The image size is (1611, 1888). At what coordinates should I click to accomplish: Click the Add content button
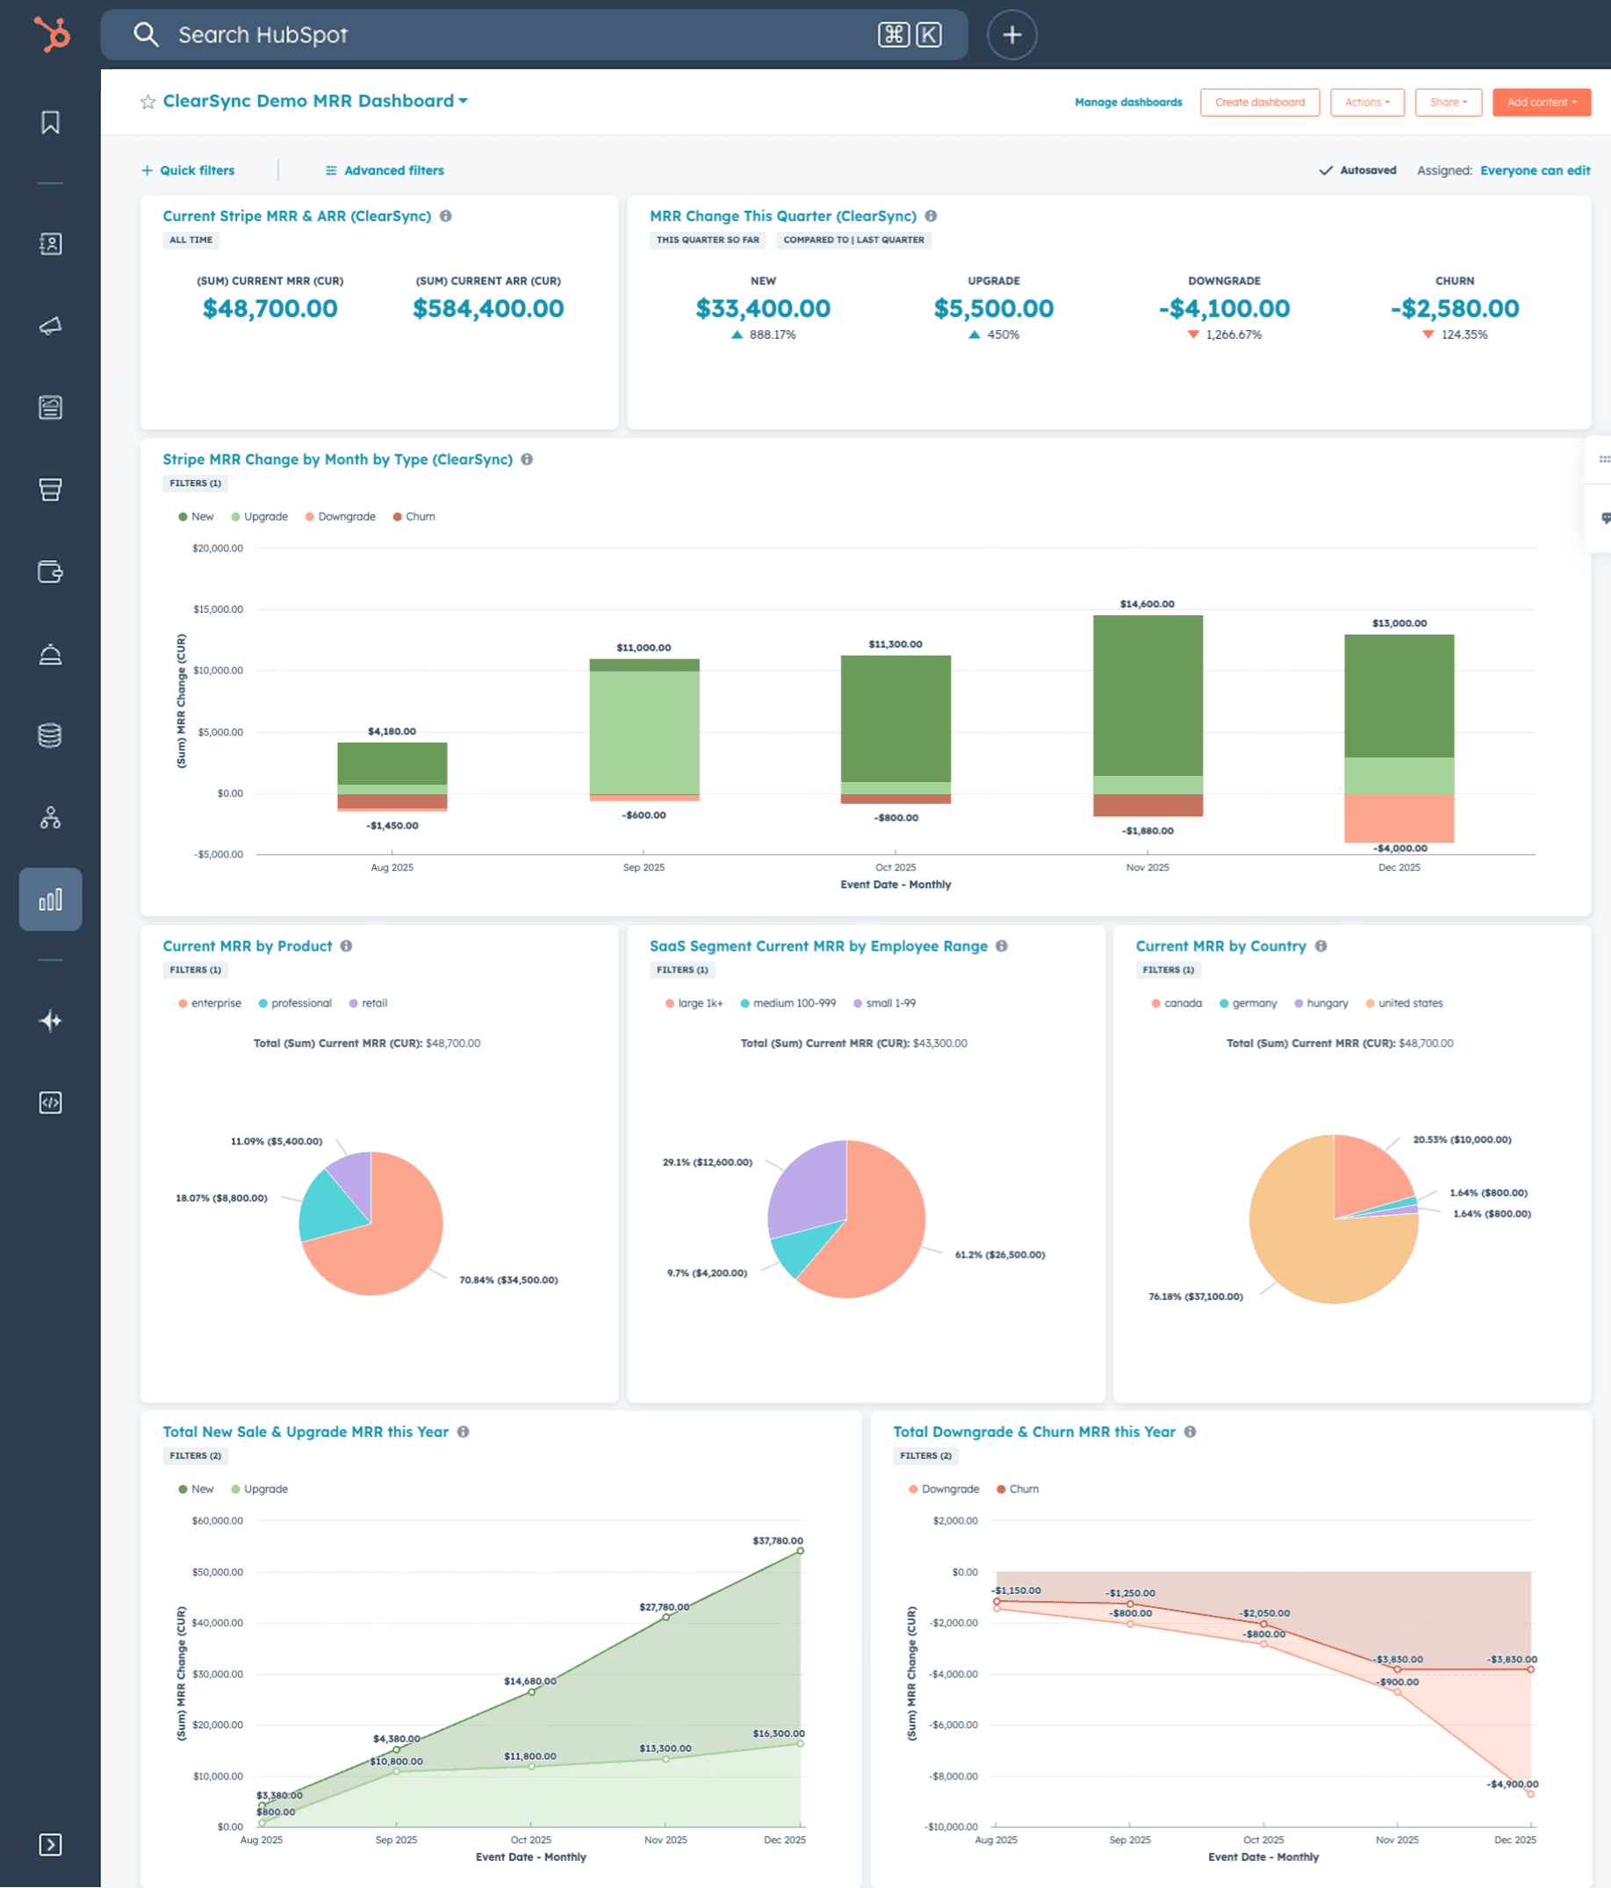(x=1541, y=102)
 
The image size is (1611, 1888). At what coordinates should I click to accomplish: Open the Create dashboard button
(x=1259, y=102)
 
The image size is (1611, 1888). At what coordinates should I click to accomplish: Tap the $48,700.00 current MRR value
(x=270, y=309)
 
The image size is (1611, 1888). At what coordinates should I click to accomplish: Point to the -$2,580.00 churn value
(x=1454, y=309)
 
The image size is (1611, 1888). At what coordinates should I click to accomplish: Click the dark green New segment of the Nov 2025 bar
(x=1147, y=694)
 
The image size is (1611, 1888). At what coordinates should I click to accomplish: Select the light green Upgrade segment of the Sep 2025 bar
(x=644, y=732)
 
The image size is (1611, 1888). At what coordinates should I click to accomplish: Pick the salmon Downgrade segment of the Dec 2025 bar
(x=1399, y=817)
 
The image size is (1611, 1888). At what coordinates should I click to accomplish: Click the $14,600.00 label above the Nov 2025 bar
(x=1147, y=604)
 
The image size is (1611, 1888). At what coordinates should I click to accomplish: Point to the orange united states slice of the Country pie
(x=1313, y=1258)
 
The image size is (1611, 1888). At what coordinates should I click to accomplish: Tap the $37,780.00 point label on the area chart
(x=777, y=1540)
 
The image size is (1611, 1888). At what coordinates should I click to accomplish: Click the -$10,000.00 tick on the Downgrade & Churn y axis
(x=953, y=1827)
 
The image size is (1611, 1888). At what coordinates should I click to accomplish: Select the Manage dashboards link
(x=1128, y=102)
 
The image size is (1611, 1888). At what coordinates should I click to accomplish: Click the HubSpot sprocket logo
(x=51, y=34)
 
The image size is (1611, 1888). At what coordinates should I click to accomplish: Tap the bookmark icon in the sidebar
(x=50, y=122)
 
